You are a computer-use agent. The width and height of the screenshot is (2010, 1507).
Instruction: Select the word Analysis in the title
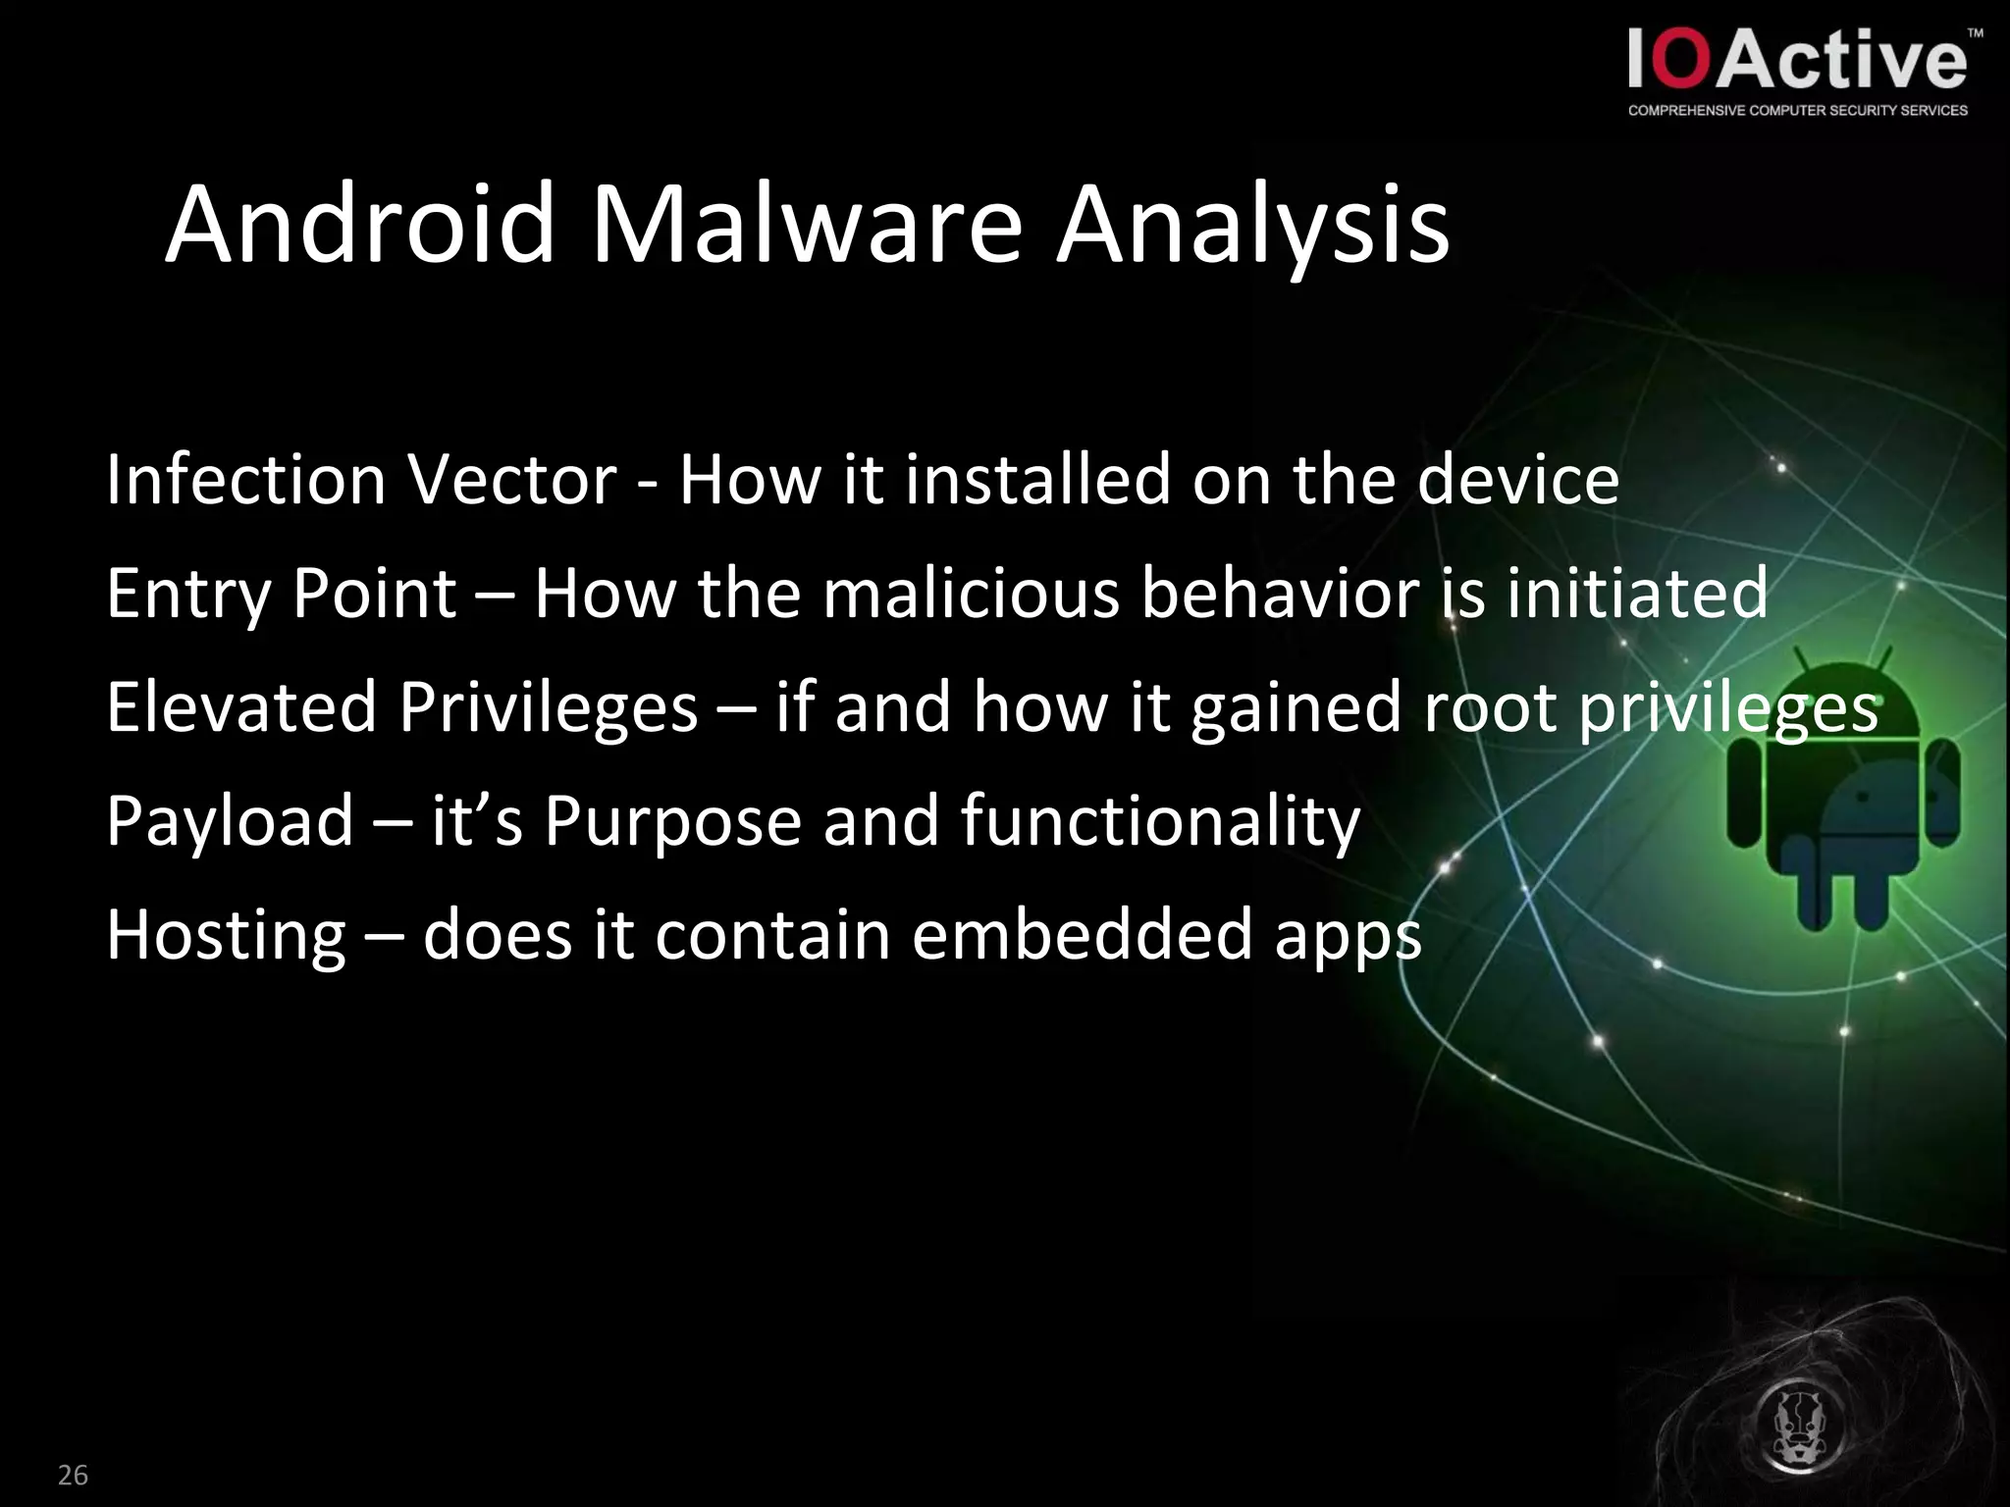[1251, 228]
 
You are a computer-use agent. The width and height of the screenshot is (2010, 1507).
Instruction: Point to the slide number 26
[73, 1475]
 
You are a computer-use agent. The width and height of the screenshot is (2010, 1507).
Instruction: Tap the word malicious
[971, 594]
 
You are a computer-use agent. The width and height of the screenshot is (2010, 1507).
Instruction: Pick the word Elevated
[241, 706]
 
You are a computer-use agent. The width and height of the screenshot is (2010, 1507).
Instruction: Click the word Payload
[230, 821]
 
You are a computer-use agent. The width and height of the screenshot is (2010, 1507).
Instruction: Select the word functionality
[1160, 821]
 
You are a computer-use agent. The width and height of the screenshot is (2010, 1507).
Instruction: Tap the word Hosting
[226, 935]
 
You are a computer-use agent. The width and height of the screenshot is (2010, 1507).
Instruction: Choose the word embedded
[1082, 934]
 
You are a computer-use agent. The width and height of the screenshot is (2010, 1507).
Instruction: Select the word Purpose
[672, 821]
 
